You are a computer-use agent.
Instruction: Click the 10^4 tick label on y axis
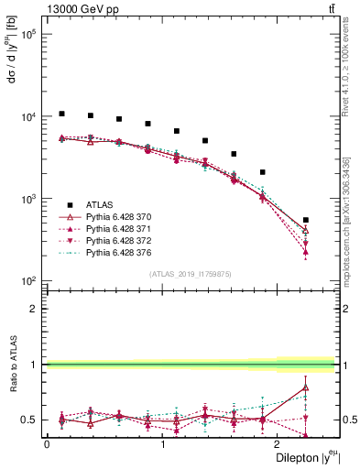(x=28, y=117)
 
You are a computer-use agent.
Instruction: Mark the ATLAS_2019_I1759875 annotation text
(x=190, y=272)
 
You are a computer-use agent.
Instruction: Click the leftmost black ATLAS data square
(x=61, y=114)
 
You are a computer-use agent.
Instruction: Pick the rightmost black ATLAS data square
(x=305, y=220)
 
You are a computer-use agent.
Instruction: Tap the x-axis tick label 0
(x=47, y=444)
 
